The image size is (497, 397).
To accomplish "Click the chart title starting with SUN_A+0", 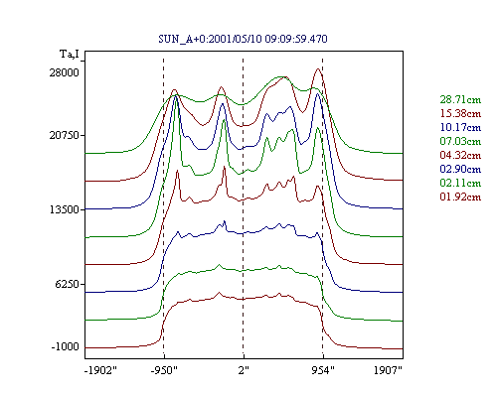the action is coord(243,39).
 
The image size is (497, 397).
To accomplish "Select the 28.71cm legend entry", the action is coord(460,99).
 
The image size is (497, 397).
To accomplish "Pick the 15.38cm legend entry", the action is coord(460,113).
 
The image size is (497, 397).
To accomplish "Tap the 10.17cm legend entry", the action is coord(460,127).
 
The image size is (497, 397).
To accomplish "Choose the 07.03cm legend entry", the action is coord(460,141).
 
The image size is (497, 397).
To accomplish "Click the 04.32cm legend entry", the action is coord(460,155).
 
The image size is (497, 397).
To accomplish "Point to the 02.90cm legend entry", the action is coord(460,169).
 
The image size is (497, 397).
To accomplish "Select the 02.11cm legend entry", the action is coord(460,183).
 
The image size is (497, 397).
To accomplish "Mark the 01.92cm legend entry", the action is coord(460,197).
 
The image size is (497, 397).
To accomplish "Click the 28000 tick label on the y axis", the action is coord(65,72).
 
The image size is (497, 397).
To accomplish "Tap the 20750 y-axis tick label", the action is coord(65,135).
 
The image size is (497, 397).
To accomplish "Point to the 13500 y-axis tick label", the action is coord(65,209).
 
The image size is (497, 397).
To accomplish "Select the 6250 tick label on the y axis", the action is coord(68,284).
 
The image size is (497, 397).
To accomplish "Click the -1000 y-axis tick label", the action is coord(66,347).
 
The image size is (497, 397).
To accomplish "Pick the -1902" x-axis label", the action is coord(100,370).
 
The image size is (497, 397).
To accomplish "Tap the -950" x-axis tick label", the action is coord(164,370).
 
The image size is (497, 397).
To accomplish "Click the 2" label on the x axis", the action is coord(244,370).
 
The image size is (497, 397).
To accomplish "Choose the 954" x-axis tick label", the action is coord(323,370).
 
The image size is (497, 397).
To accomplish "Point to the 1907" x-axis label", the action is coord(388,370).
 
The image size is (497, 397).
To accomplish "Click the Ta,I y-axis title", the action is coord(70,55).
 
